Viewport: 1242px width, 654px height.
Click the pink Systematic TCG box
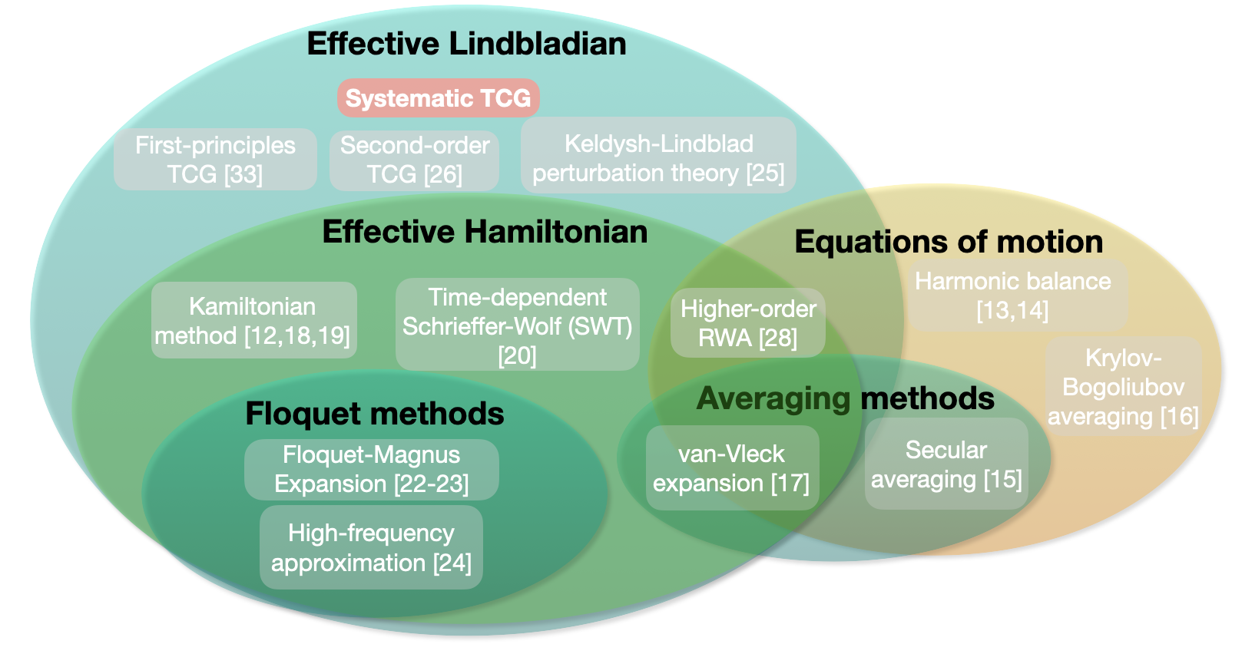(x=438, y=98)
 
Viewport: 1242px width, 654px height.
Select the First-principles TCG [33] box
(x=215, y=160)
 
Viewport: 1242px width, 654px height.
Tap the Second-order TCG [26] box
(x=414, y=160)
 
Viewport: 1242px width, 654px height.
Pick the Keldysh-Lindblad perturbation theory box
(x=659, y=155)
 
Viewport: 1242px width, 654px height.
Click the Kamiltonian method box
(x=254, y=320)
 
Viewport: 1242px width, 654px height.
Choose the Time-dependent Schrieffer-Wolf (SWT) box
(x=518, y=325)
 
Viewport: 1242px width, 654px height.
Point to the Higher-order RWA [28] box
(x=748, y=323)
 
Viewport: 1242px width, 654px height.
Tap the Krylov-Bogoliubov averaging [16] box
(x=1124, y=387)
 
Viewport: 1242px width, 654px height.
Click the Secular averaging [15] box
(x=946, y=464)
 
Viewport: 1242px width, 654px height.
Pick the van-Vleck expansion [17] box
(x=732, y=468)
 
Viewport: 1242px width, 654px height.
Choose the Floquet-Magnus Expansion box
(x=372, y=470)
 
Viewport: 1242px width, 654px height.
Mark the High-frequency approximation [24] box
(x=371, y=547)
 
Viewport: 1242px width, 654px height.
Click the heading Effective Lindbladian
(x=466, y=43)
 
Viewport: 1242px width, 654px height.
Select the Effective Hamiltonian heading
(x=485, y=232)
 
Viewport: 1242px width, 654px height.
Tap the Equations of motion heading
(x=949, y=243)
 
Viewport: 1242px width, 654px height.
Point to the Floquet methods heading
(x=375, y=414)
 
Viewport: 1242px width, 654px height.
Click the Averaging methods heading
(x=846, y=398)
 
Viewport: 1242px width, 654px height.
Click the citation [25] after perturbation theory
(x=765, y=173)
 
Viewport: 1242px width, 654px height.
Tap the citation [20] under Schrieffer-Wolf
(x=518, y=355)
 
